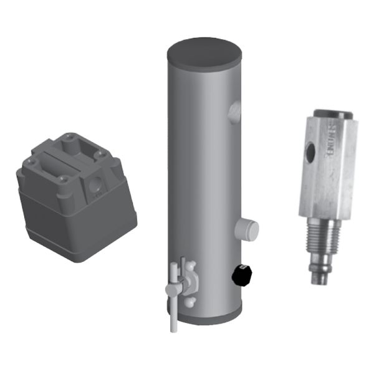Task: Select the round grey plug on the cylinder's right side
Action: point(247,229)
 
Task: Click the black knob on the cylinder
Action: point(241,274)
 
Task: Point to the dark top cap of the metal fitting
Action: point(334,114)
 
